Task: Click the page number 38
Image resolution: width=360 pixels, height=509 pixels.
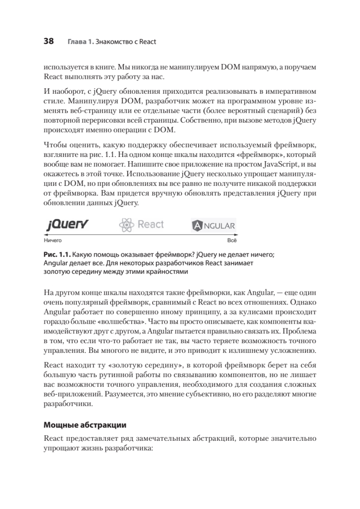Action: [x=49, y=42]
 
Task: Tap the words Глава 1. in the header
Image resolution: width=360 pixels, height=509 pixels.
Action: [x=80, y=42]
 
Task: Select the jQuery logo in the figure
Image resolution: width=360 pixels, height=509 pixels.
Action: [x=67, y=224]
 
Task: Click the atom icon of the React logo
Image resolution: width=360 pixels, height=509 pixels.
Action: [x=126, y=225]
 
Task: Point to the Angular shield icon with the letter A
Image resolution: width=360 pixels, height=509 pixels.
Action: [x=198, y=226]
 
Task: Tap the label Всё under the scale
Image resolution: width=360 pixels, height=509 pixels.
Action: [x=232, y=240]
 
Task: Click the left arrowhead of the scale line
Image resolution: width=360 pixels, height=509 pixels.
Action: [x=45, y=235]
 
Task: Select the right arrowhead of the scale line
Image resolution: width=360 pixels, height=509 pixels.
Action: [x=236, y=235]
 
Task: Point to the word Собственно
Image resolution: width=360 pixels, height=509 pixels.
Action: [x=198, y=120]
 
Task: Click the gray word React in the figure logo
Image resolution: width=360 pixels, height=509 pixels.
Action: [x=151, y=224]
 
